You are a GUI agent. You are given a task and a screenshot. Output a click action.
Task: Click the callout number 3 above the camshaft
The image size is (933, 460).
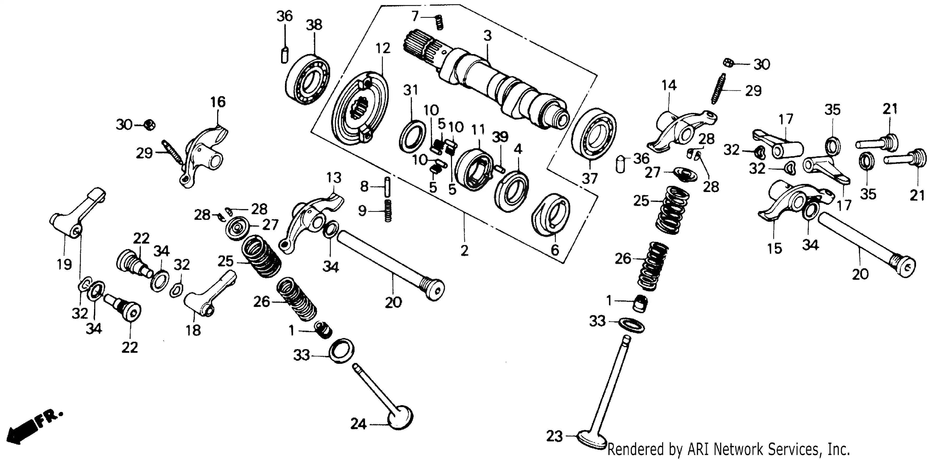pyautogui.click(x=488, y=36)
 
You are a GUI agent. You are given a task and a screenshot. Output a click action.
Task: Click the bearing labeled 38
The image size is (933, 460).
pyautogui.click(x=308, y=80)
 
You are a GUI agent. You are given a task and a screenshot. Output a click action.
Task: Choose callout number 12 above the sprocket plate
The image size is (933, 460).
pyautogui.click(x=383, y=48)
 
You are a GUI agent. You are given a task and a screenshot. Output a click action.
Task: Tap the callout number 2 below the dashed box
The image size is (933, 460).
pyautogui.click(x=464, y=251)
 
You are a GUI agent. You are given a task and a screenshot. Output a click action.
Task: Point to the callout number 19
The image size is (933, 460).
pyautogui.click(x=64, y=264)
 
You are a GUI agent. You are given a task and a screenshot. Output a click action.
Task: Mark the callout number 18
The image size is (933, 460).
pyautogui.click(x=193, y=330)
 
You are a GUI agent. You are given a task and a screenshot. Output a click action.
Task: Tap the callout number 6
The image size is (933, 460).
pyautogui.click(x=555, y=249)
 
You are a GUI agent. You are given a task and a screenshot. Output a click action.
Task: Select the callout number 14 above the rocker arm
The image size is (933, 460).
pyautogui.click(x=669, y=85)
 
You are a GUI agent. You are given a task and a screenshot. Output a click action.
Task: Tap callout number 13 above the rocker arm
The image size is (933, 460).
pyautogui.click(x=334, y=178)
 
